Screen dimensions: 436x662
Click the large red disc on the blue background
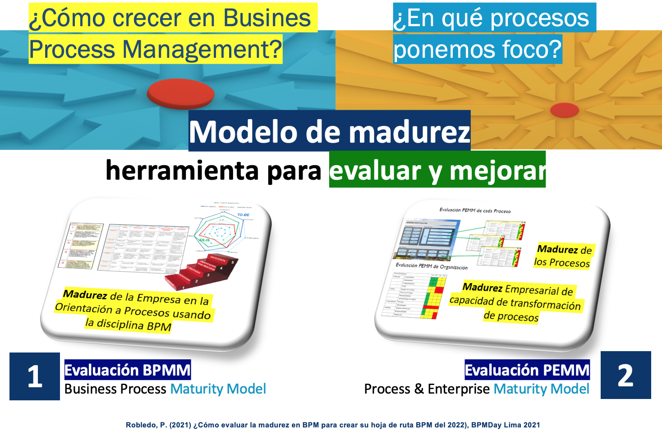[x=180, y=93]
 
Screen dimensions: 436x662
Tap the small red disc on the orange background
[x=565, y=110]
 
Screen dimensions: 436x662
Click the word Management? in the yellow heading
[x=202, y=50]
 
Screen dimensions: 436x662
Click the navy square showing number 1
[x=35, y=376]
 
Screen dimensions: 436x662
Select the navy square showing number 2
[x=625, y=375]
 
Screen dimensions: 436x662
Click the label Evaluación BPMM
[x=128, y=370]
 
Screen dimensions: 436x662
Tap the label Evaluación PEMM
[x=527, y=370]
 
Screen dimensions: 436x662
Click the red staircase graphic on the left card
[x=202, y=272]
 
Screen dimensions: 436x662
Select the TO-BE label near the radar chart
[x=243, y=215]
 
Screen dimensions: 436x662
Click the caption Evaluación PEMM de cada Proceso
[x=475, y=210]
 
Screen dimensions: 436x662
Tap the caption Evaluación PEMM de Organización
[x=431, y=266]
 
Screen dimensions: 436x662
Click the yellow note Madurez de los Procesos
[x=563, y=255]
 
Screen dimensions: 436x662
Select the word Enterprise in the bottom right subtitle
[x=459, y=389]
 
